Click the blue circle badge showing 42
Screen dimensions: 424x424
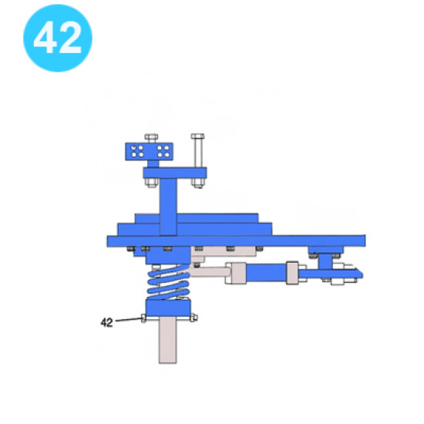(x=58, y=38)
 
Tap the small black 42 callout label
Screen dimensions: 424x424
(x=106, y=322)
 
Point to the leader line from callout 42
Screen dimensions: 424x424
(x=129, y=320)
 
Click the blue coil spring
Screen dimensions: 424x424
(x=168, y=282)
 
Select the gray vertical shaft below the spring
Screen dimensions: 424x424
(x=167, y=340)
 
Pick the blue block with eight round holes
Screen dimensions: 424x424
(x=149, y=152)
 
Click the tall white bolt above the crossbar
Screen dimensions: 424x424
(x=197, y=150)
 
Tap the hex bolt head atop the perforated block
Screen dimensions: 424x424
(x=151, y=138)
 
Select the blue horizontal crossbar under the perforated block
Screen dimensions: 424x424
(x=175, y=173)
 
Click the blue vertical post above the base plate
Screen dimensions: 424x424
(x=168, y=207)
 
